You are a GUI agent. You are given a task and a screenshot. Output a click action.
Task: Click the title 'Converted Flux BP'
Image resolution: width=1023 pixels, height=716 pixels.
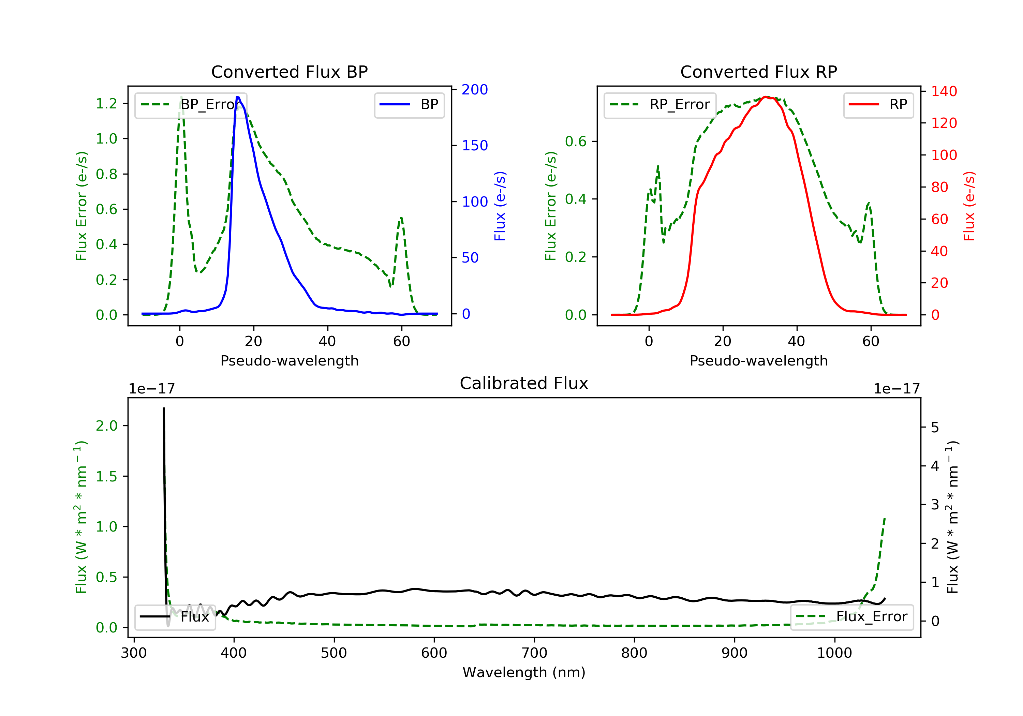click(x=289, y=72)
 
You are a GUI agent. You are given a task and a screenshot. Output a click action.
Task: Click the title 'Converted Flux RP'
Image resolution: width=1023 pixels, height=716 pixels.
click(x=758, y=72)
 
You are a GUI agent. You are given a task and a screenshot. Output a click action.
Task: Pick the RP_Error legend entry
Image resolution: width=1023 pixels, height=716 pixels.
click(x=660, y=105)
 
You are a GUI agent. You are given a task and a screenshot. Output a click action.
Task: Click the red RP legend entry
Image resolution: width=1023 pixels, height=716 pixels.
click(x=878, y=105)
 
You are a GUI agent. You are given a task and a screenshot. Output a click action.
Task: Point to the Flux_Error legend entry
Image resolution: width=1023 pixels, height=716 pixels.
click(x=851, y=617)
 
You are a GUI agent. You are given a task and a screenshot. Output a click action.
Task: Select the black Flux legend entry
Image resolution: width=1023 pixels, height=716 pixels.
click(x=175, y=617)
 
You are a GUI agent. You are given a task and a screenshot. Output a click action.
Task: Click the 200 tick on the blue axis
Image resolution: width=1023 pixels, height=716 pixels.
click(x=475, y=90)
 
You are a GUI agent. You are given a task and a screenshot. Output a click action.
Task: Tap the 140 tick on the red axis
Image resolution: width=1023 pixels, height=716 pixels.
click(x=944, y=91)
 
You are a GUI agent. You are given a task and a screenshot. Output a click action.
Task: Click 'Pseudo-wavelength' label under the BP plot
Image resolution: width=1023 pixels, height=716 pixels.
click(x=289, y=360)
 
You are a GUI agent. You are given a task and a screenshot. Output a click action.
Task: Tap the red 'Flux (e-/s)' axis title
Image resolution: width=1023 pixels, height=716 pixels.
click(x=969, y=206)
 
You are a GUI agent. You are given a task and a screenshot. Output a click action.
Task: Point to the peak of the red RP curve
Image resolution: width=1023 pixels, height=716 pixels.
click(x=765, y=97)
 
